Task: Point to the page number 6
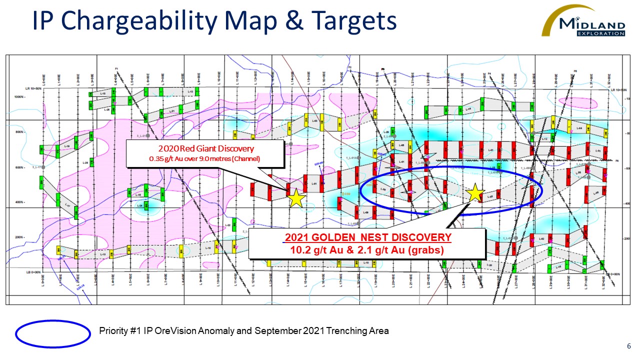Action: point(628,346)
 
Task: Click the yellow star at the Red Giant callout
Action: point(296,198)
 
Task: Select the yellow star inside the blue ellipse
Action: point(474,192)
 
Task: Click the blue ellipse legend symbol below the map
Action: point(52,333)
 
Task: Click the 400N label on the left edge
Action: point(19,202)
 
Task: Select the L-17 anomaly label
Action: point(67,205)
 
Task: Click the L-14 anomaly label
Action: point(468,109)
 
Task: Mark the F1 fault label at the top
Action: point(115,68)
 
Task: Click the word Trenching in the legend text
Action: point(328,331)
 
